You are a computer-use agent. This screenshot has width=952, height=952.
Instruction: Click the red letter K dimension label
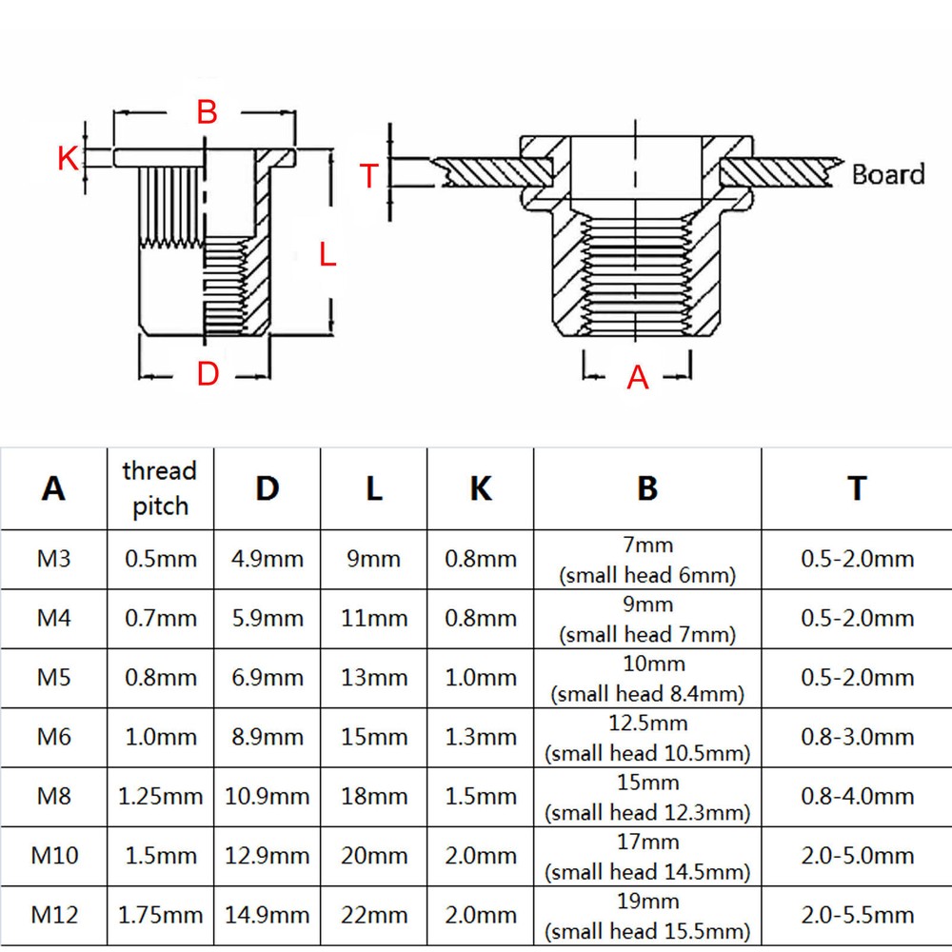click(68, 158)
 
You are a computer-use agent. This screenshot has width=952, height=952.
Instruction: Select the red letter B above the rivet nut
click(207, 112)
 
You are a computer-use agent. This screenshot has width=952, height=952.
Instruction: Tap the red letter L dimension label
click(327, 254)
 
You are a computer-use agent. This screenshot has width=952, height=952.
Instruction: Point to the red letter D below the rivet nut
click(208, 375)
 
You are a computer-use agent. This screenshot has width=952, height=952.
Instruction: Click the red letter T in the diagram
click(369, 176)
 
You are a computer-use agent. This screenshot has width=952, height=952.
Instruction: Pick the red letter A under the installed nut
click(637, 378)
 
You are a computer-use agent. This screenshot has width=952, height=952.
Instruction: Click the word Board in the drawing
click(887, 174)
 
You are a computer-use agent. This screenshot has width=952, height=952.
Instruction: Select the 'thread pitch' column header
click(160, 488)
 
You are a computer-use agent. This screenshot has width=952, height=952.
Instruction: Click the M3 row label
click(53, 559)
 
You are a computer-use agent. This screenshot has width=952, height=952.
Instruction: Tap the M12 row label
click(54, 915)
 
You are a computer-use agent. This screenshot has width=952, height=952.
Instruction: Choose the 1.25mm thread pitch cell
click(160, 796)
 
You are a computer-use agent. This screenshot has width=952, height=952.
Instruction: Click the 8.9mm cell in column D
click(268, 737)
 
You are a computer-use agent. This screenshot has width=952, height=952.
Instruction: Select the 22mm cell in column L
click(373, 915)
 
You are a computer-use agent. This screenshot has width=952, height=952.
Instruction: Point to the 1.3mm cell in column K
click(481, 737)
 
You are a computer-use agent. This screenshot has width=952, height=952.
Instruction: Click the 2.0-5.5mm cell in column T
click(857, 915)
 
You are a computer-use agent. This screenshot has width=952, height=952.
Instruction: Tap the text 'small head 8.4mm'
click(647, 694)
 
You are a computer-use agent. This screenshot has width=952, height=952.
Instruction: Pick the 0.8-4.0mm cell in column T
click(857, 796)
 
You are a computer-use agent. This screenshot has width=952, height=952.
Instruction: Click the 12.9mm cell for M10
click(268, 856)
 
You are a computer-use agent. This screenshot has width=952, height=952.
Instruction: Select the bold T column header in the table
click(857, 488)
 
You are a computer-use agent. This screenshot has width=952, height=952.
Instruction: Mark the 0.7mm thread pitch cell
click(160, 619)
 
